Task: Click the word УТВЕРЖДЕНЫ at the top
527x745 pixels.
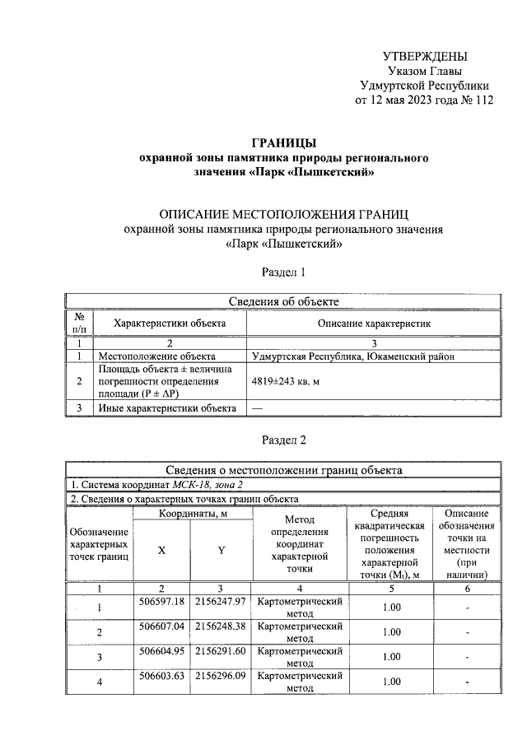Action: click(425, 56)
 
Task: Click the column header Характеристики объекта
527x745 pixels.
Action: click(170, 324)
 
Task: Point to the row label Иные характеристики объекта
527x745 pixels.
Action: click(168, 408)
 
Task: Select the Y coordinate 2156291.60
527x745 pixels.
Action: click(222, 650)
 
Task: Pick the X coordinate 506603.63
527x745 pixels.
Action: click(161, 675)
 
